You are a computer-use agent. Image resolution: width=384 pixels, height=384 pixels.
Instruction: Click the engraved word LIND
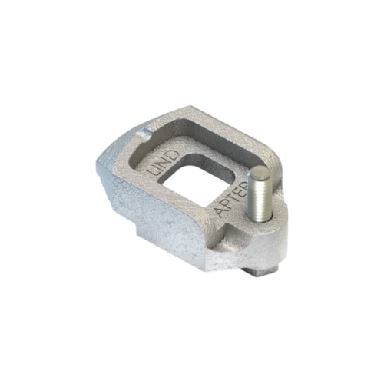click(x=161, y=163)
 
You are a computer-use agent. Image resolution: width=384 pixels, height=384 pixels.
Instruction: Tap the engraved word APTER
click(x=231, y=204)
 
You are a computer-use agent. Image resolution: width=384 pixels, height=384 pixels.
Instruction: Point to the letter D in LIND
click(x=172, y=155)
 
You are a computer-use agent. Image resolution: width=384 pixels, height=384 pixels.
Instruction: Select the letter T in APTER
click(x=233, y=202)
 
